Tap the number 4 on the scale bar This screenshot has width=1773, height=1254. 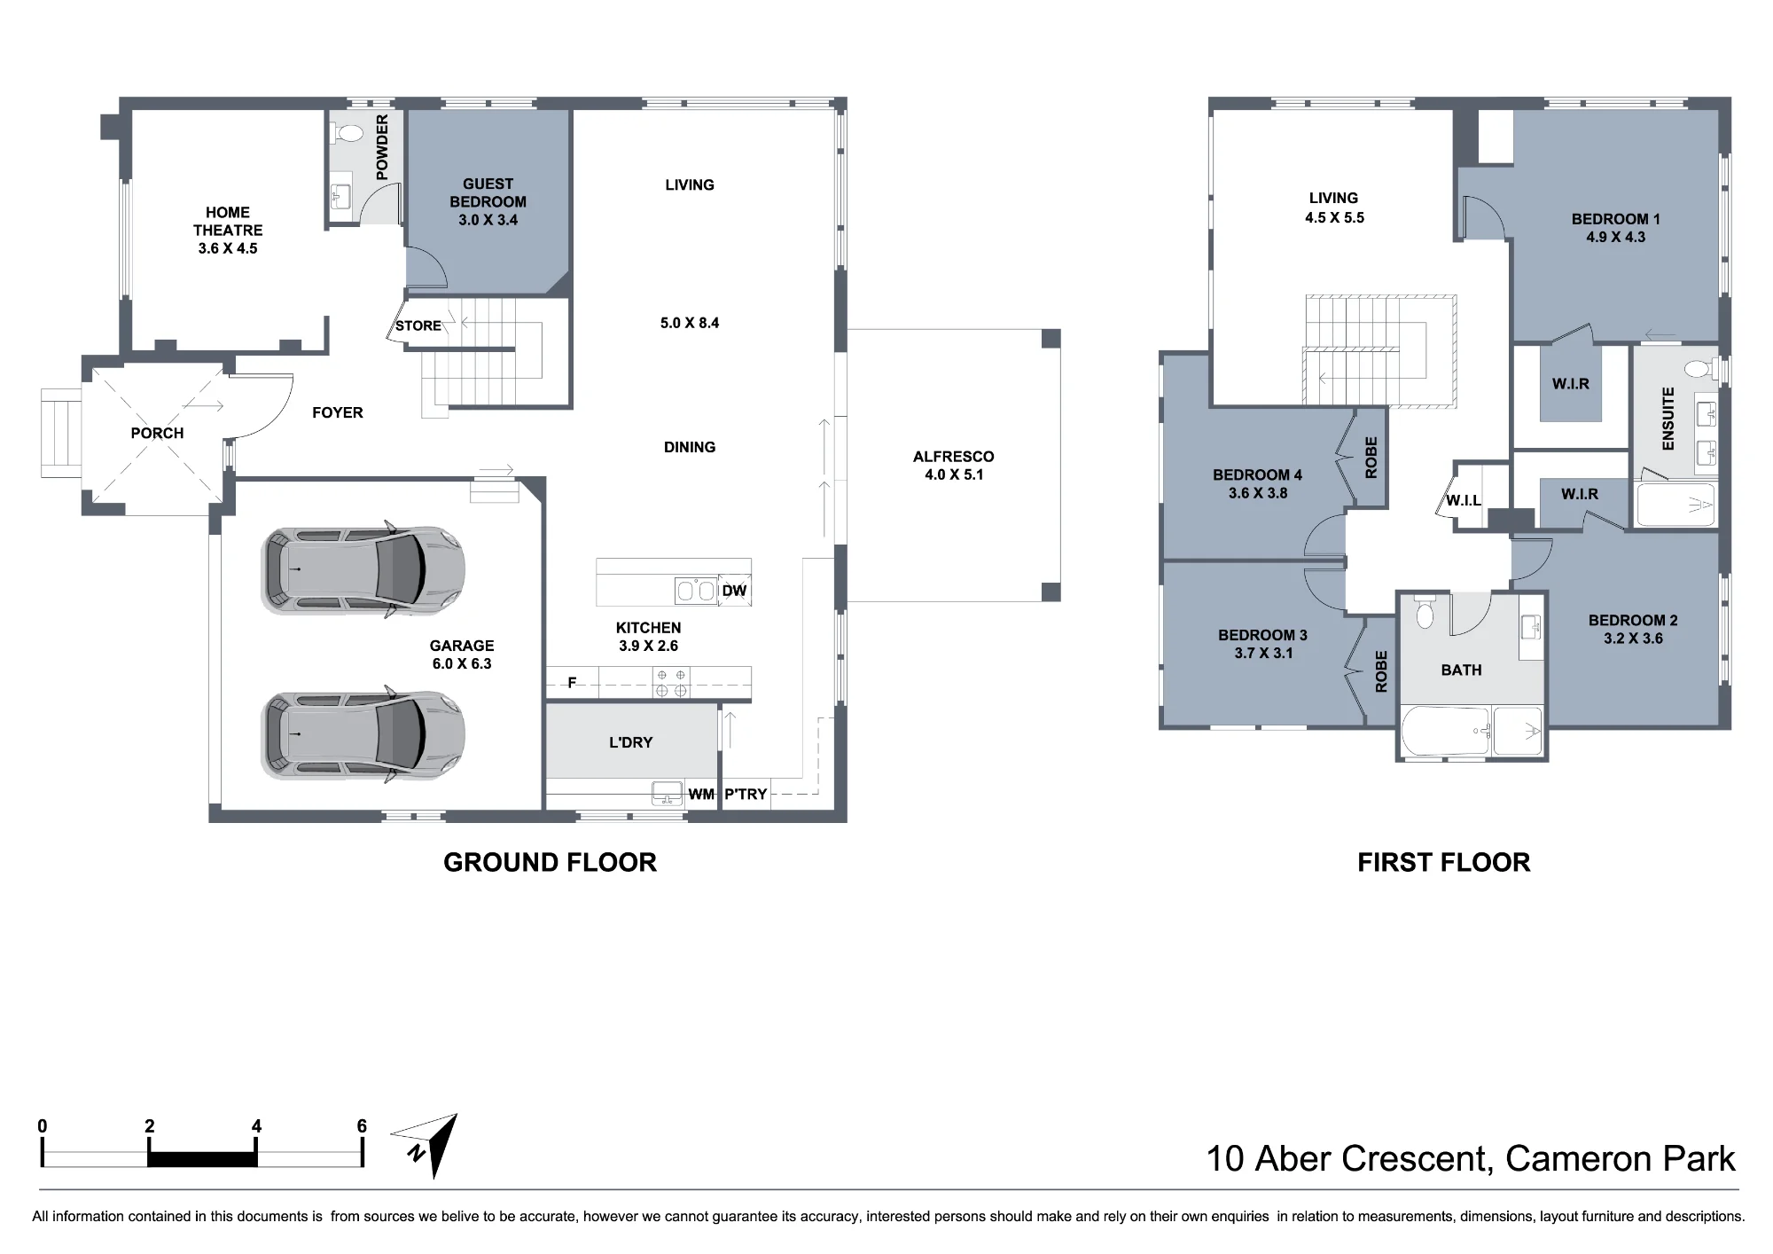point(256,1126)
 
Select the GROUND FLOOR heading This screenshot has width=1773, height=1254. point(550,862)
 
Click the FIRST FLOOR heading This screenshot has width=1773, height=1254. point(1443,862)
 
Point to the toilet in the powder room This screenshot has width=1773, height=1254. point(348,134)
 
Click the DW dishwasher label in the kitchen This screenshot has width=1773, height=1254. point(734,591)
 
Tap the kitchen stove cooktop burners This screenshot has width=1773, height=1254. point(671,682)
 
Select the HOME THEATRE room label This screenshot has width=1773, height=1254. point(228,221)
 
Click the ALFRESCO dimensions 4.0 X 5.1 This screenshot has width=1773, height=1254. point(953,474)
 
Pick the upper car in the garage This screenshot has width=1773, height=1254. point(363,568)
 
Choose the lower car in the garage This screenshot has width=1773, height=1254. point(363,733)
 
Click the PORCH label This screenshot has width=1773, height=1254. point(157,433)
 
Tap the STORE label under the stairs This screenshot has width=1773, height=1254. point(418,325)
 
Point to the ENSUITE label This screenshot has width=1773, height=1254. point(1668,418)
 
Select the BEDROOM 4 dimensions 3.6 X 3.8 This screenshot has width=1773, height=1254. point(1258,493)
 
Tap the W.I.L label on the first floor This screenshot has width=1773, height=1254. point(1463,500)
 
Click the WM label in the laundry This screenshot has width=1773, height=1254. point(701,794)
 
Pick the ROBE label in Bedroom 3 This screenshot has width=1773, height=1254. point(1380,671)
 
